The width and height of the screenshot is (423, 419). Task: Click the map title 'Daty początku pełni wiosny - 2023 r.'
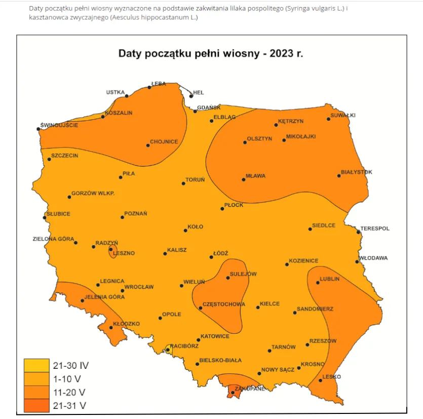coord(211,53)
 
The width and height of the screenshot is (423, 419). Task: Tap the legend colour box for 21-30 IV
coord(36,365)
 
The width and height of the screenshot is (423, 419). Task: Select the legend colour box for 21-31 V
coord(36,405)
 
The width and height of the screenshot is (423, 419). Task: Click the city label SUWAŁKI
coord(343,115)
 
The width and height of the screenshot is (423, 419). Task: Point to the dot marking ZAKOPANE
coord(233,393)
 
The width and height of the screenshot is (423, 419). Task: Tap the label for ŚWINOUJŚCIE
coord(60,125)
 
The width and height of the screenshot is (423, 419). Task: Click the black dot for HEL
coord(191,95)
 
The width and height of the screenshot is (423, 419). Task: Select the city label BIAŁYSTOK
coord(357,172)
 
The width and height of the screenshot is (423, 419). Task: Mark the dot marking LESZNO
coord(111,249)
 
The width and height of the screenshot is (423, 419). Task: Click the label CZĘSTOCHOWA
coord(224,304)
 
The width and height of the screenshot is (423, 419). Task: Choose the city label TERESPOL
coord(375,228)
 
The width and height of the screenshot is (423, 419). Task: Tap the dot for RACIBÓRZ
coord(168,350)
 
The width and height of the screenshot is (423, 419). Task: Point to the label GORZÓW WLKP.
coord(93,193)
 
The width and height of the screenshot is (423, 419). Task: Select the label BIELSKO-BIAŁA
coord(220,360)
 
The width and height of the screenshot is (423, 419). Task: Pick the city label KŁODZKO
coord(126,324)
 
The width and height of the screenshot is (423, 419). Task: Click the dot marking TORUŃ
coord(183,183)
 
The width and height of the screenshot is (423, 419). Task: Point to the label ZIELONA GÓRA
coord(54,238)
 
